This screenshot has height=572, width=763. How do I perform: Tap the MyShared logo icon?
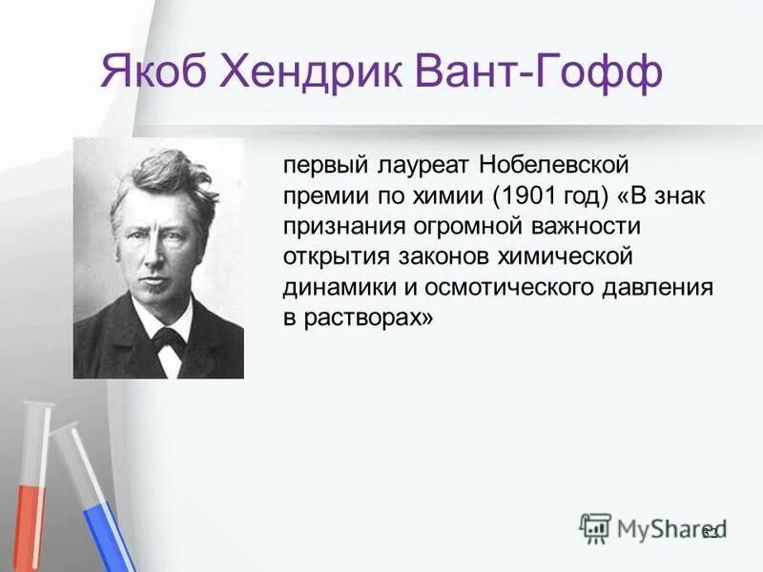595,527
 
